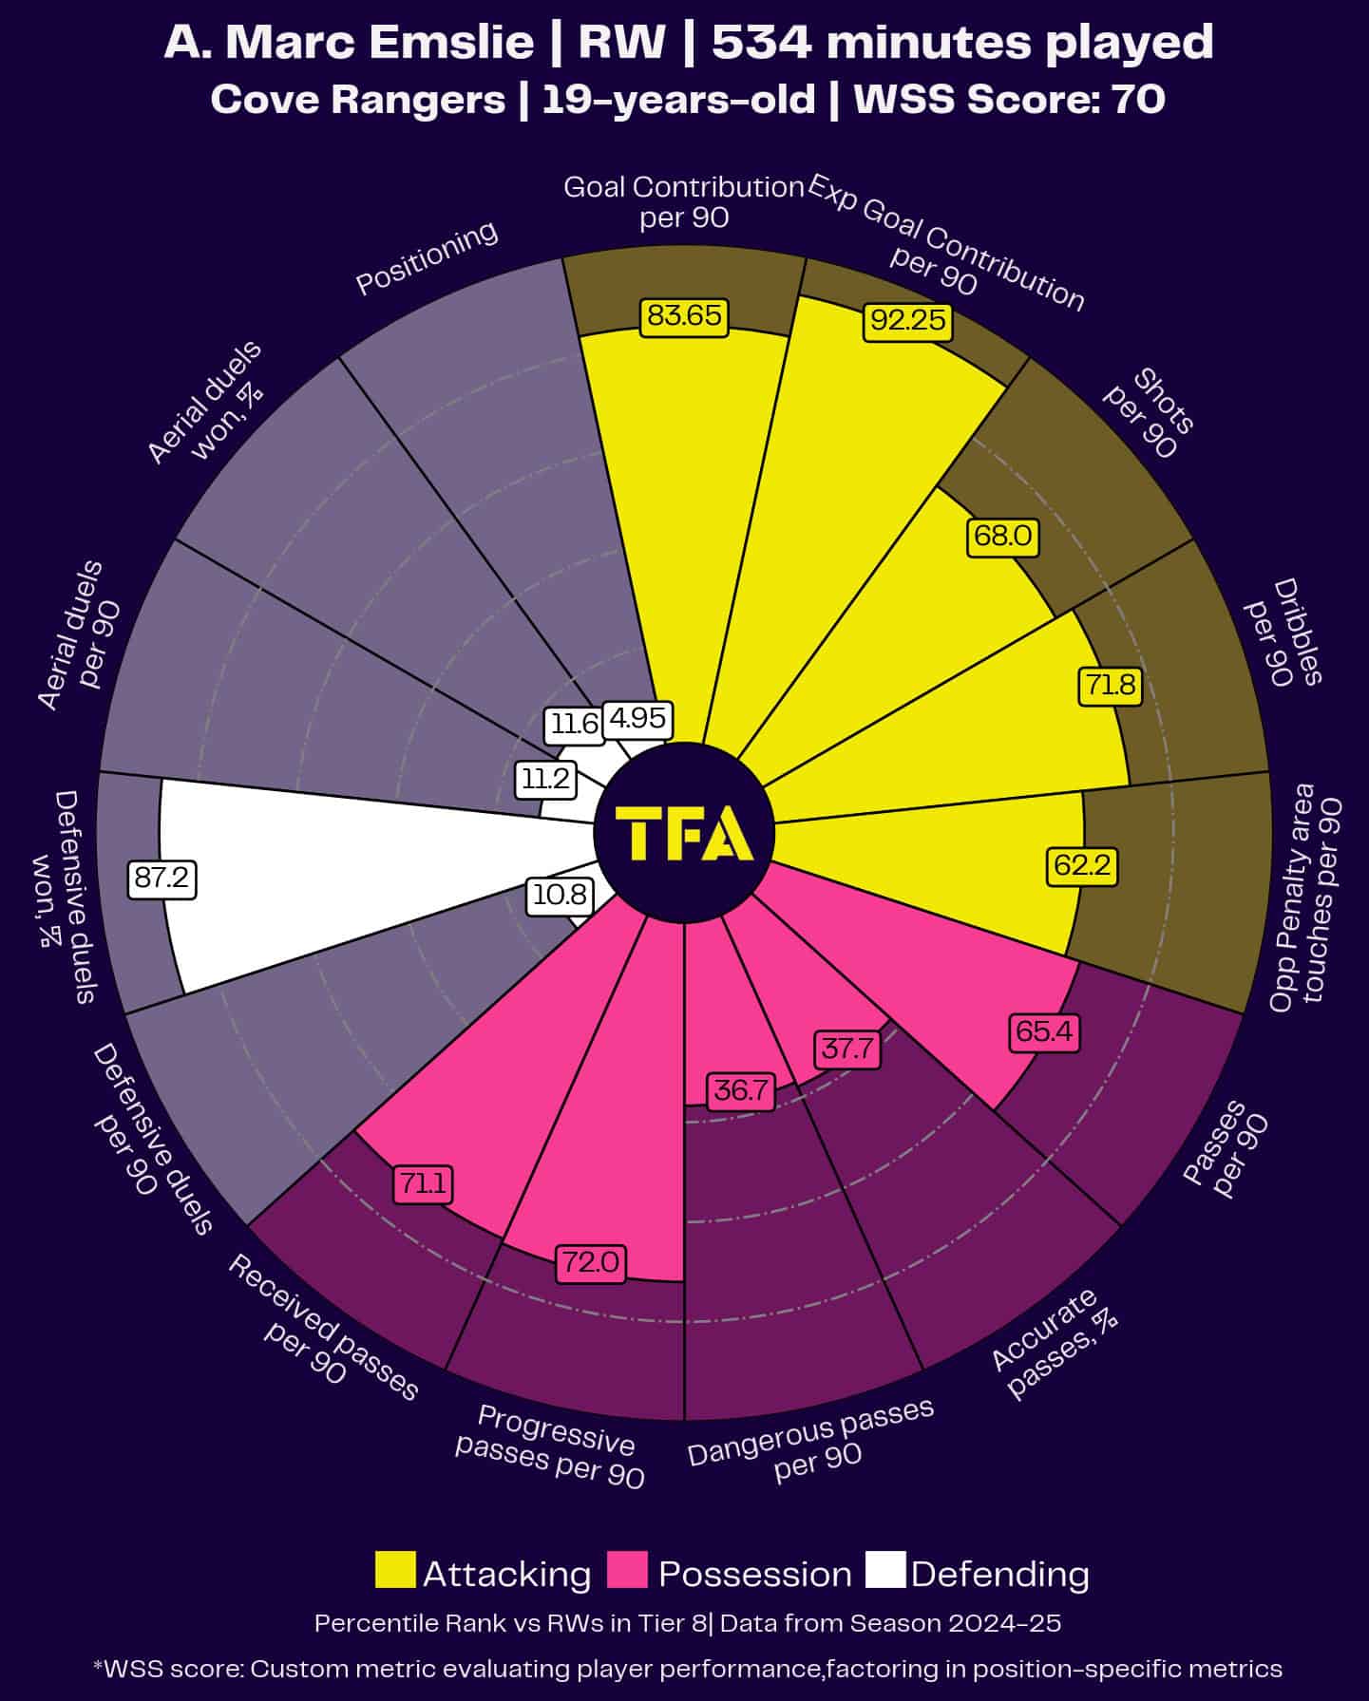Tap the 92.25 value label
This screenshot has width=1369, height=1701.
click(908, 321)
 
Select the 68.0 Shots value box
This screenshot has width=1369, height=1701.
click(1003, 537)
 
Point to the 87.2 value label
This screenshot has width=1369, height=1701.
click(162, 879)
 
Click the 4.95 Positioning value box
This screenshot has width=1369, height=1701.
click(637, 719)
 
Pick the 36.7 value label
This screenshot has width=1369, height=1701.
click(740, 1091)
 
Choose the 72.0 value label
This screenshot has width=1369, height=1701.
click(590, 1262)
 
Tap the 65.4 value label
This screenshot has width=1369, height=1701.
click(1044, 1031)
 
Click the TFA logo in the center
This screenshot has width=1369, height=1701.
click(684, 833)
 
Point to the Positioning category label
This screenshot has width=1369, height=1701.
click(427, 257)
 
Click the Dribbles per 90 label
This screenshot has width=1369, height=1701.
click(1283, 633)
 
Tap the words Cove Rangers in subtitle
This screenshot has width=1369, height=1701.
click(357, 100)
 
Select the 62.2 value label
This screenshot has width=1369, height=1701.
click(1081, 865)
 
